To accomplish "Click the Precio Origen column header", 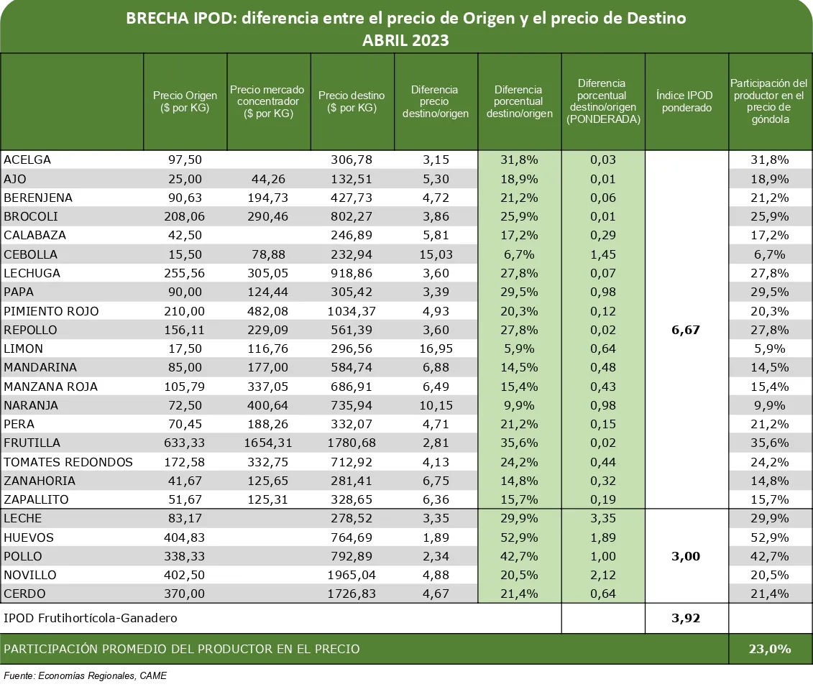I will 185,101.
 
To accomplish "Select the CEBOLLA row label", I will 31,254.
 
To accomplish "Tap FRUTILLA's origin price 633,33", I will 185,443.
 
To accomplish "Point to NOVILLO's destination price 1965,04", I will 352,575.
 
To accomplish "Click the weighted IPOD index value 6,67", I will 686,331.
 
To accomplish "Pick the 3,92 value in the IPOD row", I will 686,618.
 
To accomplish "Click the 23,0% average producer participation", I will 769,649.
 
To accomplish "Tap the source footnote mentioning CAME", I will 86,676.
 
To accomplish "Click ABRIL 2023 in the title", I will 405,40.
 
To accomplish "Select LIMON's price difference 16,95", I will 436,349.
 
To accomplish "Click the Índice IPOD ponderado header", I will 686,101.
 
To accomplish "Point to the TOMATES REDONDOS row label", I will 68,462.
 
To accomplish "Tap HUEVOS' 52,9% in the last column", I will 769,537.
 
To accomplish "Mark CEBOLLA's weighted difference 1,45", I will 602,254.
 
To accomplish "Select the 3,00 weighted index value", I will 686,556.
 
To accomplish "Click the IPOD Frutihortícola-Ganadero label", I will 91,618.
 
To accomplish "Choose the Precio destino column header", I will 352,101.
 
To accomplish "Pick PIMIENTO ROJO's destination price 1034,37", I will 352,311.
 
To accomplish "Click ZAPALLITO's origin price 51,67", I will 185,499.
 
